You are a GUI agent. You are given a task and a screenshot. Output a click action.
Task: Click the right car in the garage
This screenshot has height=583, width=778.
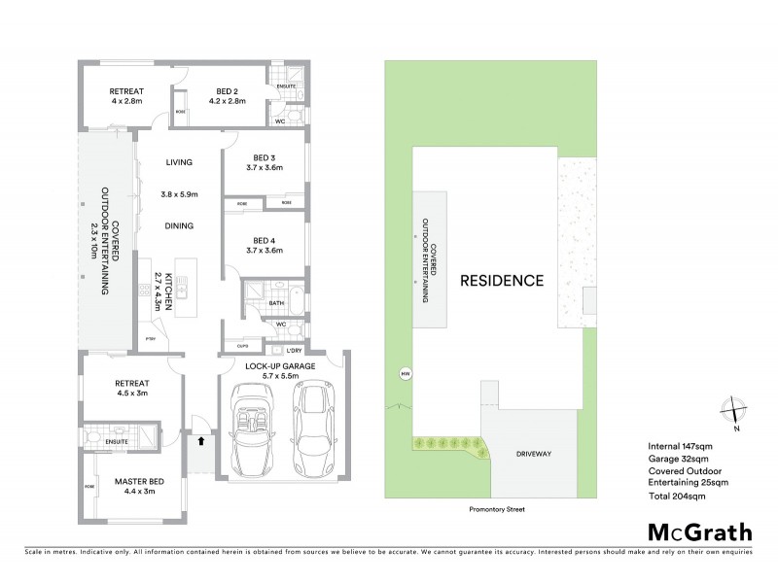pos(313,424)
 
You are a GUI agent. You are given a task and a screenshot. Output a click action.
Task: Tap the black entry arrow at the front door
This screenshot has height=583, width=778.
pos(200,440)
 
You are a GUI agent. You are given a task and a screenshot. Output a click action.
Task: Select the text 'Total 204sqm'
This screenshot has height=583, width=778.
pos(677,496)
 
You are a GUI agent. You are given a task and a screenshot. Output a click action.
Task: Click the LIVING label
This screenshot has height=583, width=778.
pos(179,162)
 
